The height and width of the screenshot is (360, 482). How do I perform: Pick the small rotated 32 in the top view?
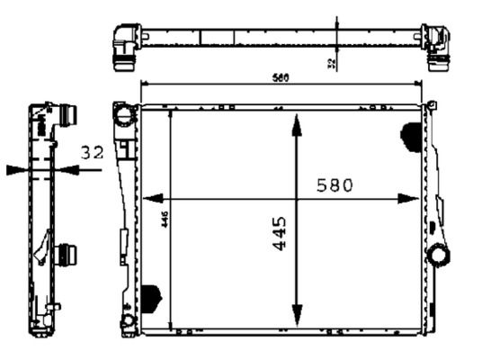click(331, 63)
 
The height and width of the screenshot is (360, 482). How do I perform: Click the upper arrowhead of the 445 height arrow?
click(296, 123)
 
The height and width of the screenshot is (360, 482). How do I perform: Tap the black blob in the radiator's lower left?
click(151, 298)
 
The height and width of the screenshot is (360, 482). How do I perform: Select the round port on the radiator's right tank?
click(438, 255)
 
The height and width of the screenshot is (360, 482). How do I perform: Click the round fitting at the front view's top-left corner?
click(123, 114)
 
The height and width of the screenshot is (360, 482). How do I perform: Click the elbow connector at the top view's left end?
click(123, 44)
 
